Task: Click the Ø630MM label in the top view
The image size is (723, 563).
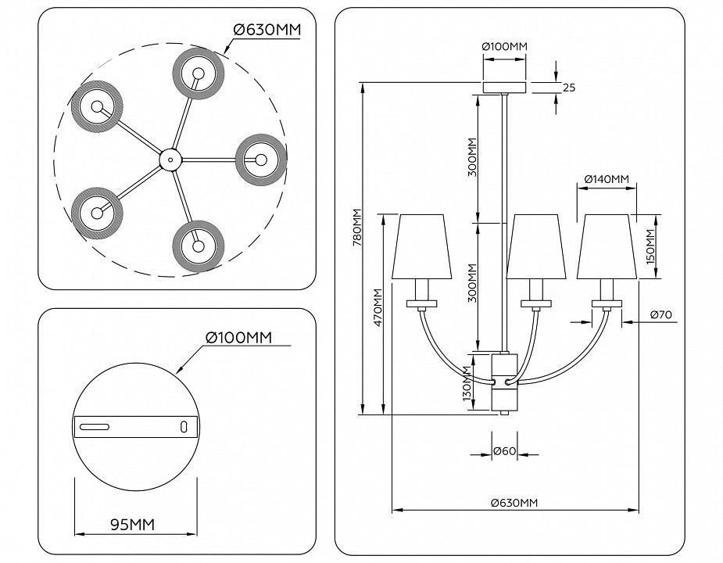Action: [x=267, y=30]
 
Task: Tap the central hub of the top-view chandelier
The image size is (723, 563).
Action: [x=168, y=160]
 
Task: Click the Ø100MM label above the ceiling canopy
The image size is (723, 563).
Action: [x=504, y=47]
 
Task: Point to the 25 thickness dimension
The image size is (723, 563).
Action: [x=568, y=87]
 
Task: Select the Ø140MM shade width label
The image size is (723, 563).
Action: [x=607, y=180]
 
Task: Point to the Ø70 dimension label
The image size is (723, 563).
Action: [x=660, y=315]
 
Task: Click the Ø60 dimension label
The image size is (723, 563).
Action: [x=504, y=451]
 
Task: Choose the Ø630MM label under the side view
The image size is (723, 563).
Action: [x=514, y=503]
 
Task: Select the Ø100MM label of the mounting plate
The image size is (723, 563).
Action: [x=238, y=337]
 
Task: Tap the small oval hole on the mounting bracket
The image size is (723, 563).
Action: [x=184, y=426]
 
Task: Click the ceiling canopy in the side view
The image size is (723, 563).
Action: [x=504, y=87]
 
